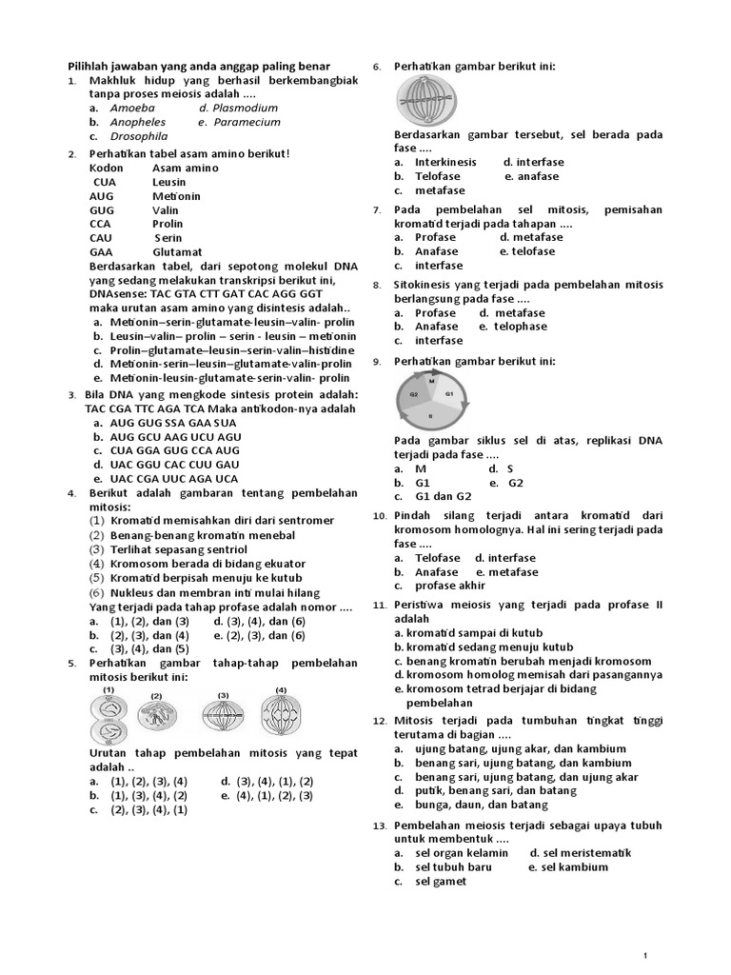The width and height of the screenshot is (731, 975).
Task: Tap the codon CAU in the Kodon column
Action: pos(101,238)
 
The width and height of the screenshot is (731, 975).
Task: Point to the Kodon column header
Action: pos(107,169)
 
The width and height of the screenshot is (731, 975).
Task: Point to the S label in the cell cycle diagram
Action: pos(430,416)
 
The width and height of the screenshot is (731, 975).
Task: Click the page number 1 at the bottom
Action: pos(645,954)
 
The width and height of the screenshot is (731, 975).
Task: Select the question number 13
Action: pos(378,826)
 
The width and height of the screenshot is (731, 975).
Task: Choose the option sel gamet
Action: pos(441,882)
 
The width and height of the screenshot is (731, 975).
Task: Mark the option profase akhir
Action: pos(449,587)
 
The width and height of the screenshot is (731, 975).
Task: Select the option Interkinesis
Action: pos(445,163)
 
